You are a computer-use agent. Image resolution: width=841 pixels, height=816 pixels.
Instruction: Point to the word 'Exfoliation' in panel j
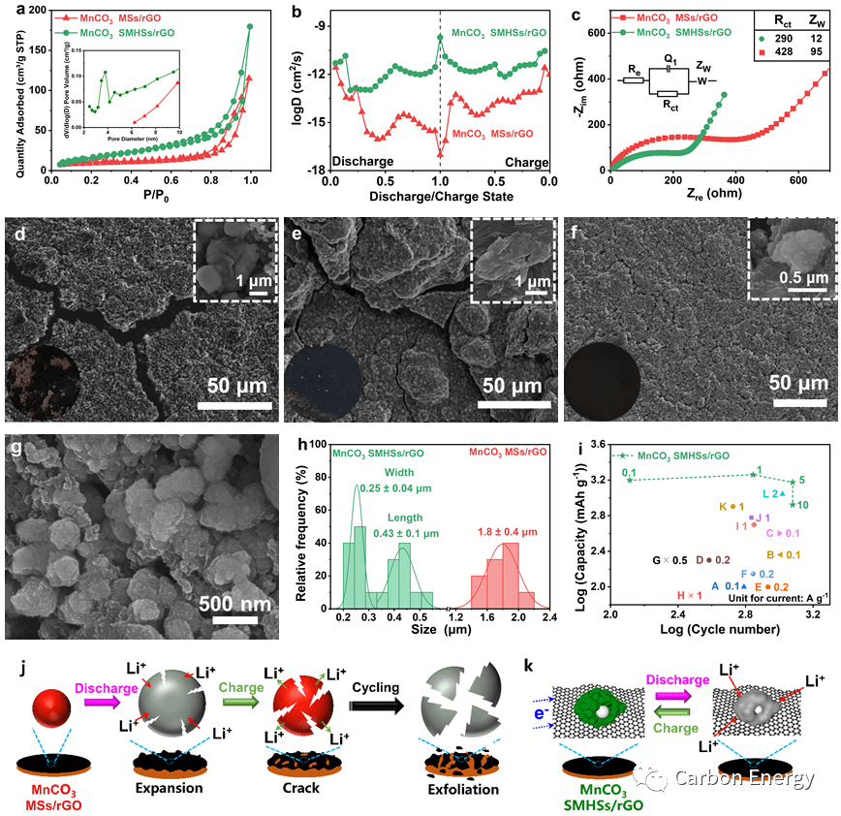tap(463, 789)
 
